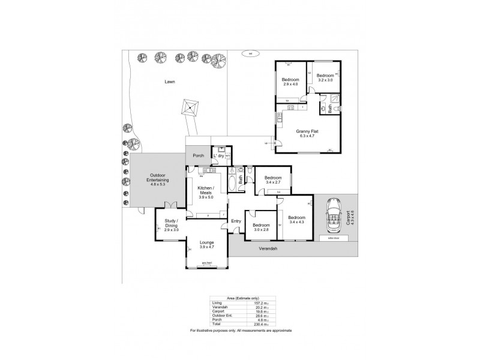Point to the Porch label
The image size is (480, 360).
click(198, 155)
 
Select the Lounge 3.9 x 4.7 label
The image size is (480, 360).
click(206, 244)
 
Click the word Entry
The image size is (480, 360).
click(236, 221)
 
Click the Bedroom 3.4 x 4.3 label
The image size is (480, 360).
click(296, 220)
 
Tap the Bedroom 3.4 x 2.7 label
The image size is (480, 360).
click(273, 180)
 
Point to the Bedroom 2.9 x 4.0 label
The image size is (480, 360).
click(290, 82)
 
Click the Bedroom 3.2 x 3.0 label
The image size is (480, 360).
click(324, 77)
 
